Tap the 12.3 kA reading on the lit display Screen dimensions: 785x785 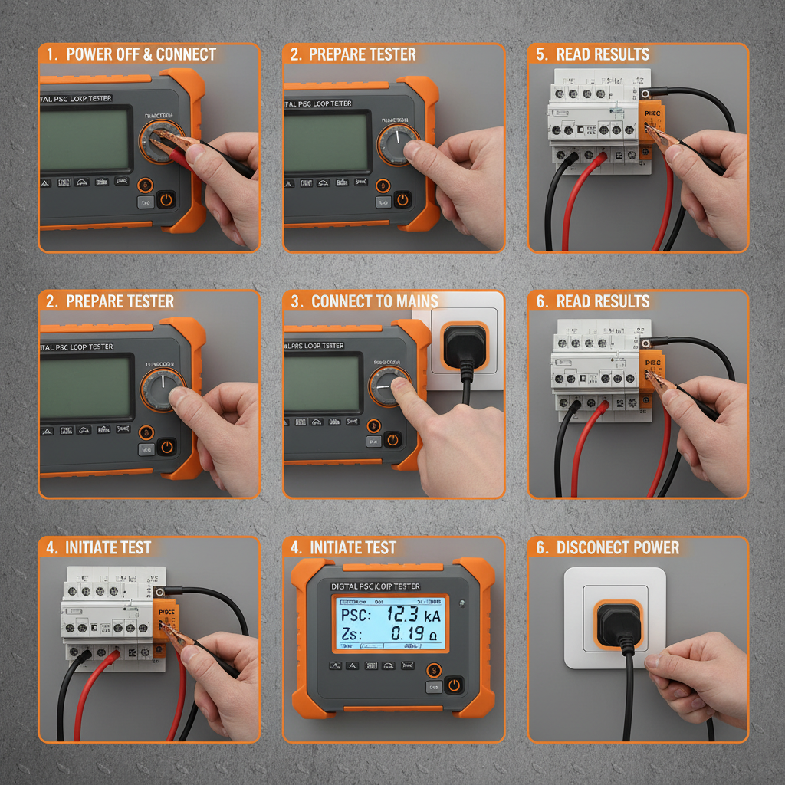click(x=413, y=615)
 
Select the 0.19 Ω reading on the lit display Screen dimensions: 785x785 click(x=413, y=633)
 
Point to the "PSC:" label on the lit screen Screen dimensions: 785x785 click(x=356, y=615)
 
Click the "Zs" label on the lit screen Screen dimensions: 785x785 click(x=350, y=634)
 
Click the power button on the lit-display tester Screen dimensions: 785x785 click(x=454, y=685)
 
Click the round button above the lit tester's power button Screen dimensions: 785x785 click(x=434, y=670)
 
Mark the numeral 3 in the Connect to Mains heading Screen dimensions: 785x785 click(x=295, y=301)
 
